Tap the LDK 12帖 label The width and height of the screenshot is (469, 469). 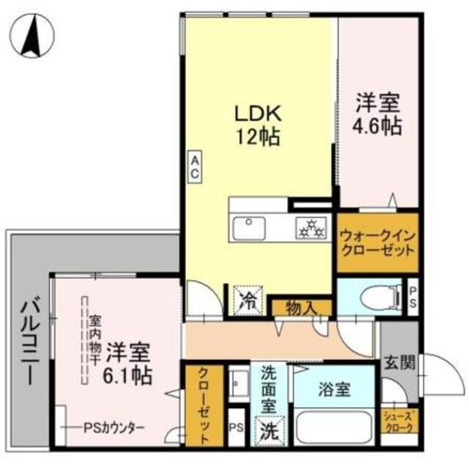[x=257, y=124]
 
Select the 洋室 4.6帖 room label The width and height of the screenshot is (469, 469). [x=378, y=113]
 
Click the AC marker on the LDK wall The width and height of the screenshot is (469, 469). [x=196, y=166]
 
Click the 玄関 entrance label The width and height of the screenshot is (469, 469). [x=399, y=362]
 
